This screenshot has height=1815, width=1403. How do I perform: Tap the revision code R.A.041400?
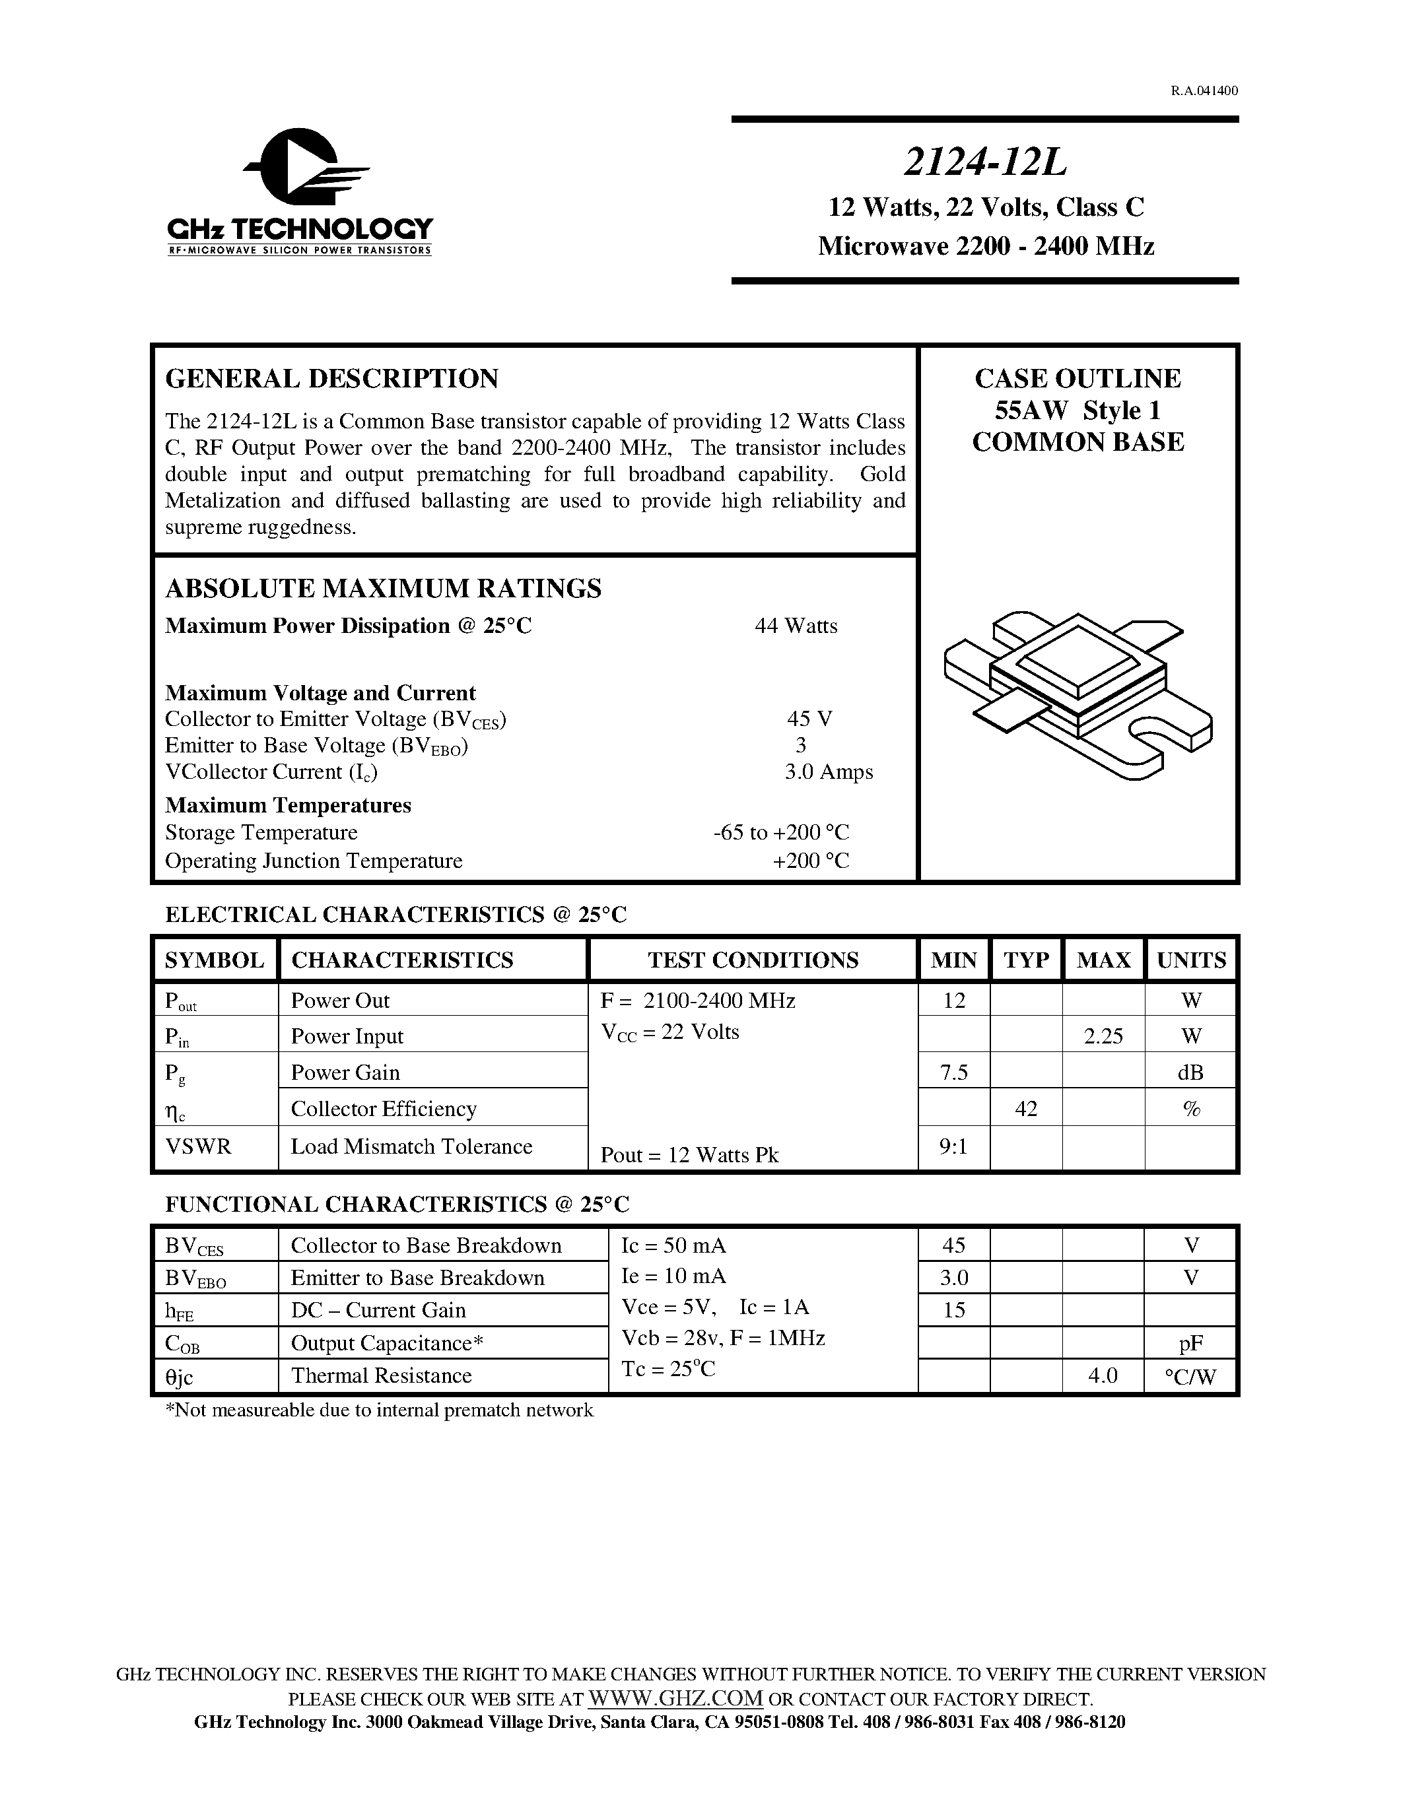pyautogui.click(x=1204, y=90)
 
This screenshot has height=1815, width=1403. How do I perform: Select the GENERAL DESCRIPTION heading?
pyautogui.click(x=331, y=379)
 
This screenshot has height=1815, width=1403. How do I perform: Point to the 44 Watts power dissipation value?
pyautogui.click(x=796, y=626)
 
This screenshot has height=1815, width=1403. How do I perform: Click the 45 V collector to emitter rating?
pyautogui.click(x=809, y=719)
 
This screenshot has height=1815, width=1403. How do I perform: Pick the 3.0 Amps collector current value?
pyautogui.click(x=828, y=772)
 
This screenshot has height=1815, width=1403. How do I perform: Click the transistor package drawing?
pyautogui.click(x=1078, y=695)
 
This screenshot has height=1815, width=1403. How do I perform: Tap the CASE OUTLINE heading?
pyautogui.click(x=1078, y=379)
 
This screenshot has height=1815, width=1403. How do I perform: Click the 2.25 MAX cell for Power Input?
pyautogui.click(x=1103, y=1036)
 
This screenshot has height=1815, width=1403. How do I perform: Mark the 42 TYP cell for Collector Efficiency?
pyautogui.click(x=1025, y=1109)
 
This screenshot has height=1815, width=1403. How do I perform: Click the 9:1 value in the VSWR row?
pyautogui.click(x=953, y=1148)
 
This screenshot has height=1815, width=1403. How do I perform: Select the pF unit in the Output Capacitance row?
pyautogui.click(x=1190, y=1344)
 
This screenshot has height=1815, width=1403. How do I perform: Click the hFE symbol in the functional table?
pyautogui.click(x=179, y=1312)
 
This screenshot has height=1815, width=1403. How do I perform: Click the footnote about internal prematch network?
pyautogui.click(x=380, y=1410)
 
